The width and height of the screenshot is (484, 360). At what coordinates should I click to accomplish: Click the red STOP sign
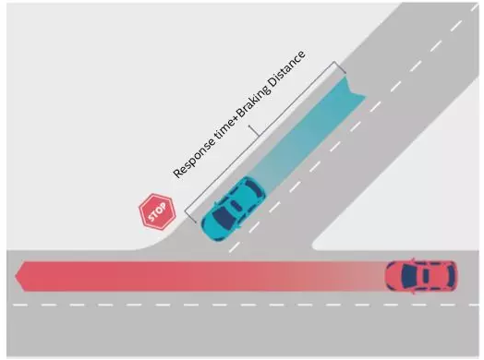(157, 211)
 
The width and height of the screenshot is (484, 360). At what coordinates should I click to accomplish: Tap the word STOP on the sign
(157, 212)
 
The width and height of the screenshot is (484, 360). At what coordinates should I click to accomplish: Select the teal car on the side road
(233, 209)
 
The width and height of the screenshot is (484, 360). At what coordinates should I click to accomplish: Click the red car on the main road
(421, 276)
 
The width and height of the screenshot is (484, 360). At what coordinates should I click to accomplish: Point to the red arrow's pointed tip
(16, 276)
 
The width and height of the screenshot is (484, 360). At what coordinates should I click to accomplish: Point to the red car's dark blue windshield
(407, 276)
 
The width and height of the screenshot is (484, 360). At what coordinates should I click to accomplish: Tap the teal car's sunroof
(236, 205)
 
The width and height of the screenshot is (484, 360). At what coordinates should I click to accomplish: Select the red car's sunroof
(426, 276)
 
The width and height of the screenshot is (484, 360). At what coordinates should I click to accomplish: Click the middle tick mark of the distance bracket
(254, 130)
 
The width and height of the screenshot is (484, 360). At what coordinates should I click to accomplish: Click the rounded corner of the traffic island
(315, 246)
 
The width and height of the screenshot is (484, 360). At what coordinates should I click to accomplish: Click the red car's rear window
(452, 276)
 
